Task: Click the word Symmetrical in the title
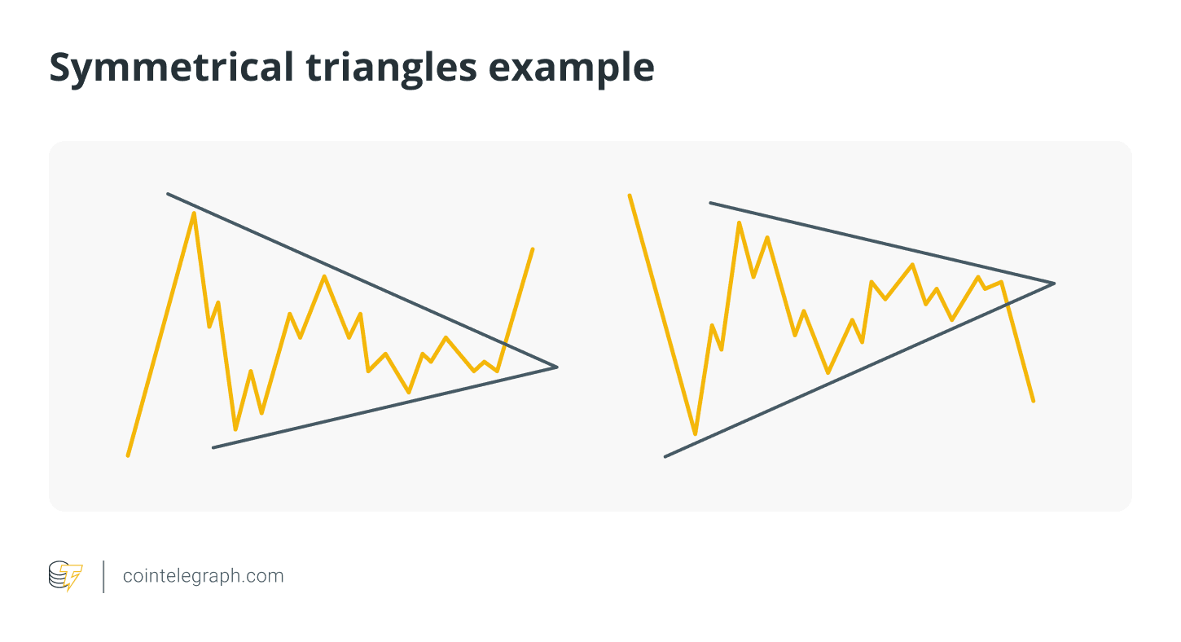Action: pyautogui.click(x=171, y=68)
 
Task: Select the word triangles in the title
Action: pyautogui.click(x=392, y=68)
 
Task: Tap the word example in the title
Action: pyautogui.click(x=572, y=68)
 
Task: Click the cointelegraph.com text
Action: pyautogui.click(x=203, y=575)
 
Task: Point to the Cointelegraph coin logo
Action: pyautogui.click(x=65, y=576)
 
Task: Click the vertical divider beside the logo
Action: pyautogui.click(x=103, y=577)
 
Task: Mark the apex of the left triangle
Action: pyautogui.click(x=557, y=367)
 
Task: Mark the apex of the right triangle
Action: pyautogui.click(x=1055, y=284)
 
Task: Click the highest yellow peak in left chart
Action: pyautogui.click(x=194, y=213)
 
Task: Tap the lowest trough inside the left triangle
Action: pyautogui.click(x=235, y=429)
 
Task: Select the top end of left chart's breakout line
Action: pyautogui.click(x=533, y=248)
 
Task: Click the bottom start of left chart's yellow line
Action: pyautogui.click(x=128, y=455)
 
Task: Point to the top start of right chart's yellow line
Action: pyautogui.click(x=630, y=196)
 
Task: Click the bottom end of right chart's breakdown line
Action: pyautogui.click(x=1034, y=402)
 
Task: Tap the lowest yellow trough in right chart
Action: pyautogui.click(x=696, y=434)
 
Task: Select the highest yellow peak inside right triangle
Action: pyautogui.click(x=740, y=222)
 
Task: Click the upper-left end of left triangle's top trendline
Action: pyautogui.click(x=168, y=194)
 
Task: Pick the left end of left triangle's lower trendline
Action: pyautogui.click(x=213, y=448)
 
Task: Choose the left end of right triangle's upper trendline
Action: pyautogui.click(x=710, y=203)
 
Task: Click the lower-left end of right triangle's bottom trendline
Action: pyautogui.click(x=665, y=457)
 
